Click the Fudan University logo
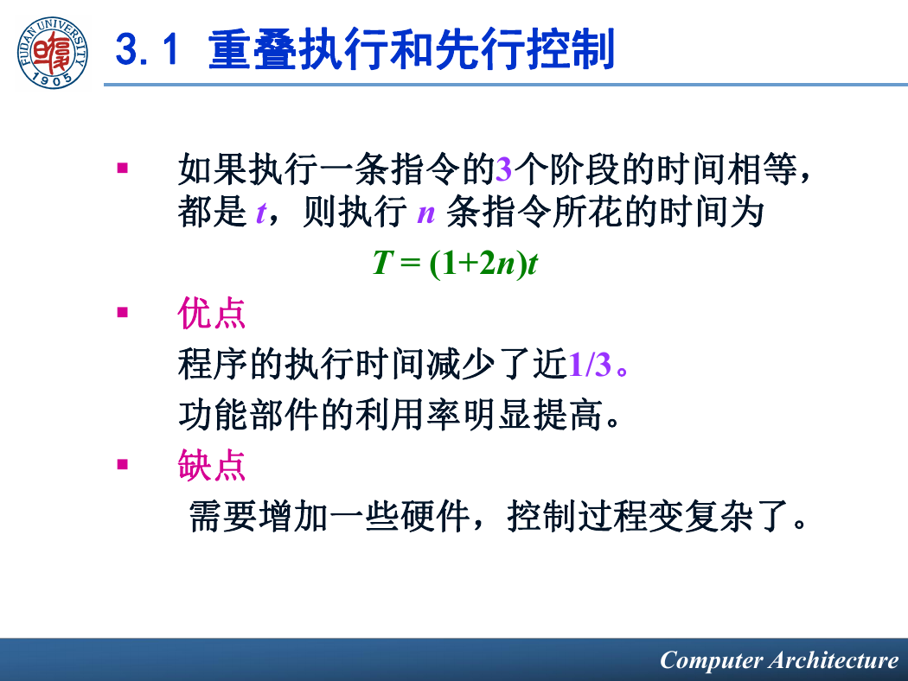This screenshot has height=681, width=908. point(53,53)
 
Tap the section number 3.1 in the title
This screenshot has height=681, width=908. point(146,49)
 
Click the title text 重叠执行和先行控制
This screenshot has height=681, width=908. point(411,50)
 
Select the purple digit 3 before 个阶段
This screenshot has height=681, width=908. point(504,169)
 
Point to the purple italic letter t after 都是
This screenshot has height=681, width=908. point(261,213)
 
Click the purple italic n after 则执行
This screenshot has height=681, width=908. point(425,214)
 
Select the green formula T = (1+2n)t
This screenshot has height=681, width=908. point(455,263)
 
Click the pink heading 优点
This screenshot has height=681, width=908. point(211,313)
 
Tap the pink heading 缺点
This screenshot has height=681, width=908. point(211,465)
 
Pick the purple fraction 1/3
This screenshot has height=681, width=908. point(590,365)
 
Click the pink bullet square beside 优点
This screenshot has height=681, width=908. point(122,313)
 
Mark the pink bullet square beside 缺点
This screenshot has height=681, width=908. point(122,464)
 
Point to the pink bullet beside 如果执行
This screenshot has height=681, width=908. point(122,169)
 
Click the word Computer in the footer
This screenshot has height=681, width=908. point(711,660)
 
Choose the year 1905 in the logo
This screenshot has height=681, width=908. point(53,80)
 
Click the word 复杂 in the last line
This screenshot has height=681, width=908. point(719,516)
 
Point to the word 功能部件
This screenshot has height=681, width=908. point(249,415)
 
